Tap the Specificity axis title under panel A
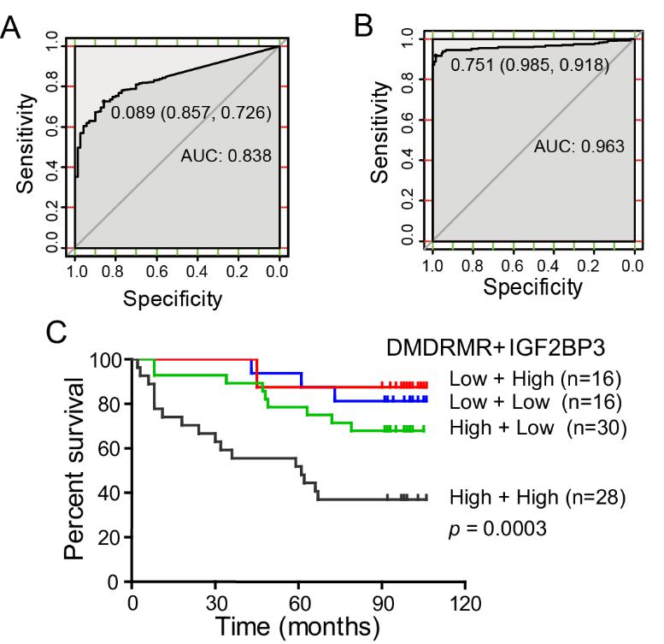point(173,299)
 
